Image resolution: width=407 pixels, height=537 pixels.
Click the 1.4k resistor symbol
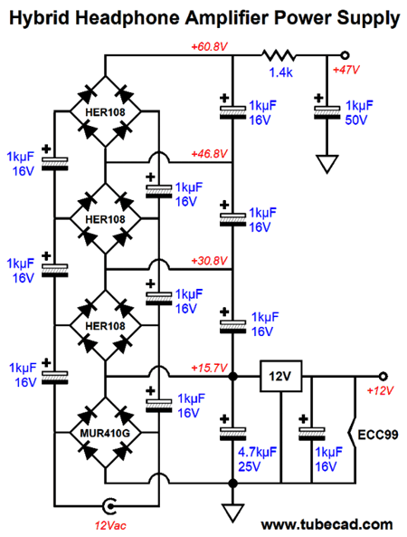pyautogui.click(x=279, y=55)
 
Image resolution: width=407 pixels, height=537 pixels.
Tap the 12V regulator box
pyautogui.click(x=280, y=376)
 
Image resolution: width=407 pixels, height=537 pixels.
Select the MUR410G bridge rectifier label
pyautogui.click(x=105, y=433)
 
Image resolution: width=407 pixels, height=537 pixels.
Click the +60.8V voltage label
pyautogui.click(x=209, y=46)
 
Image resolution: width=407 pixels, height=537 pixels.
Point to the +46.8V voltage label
pyautogui.click(x=209, y=154)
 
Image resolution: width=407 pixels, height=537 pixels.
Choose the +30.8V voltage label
pyautogui.click(x=209, y=261)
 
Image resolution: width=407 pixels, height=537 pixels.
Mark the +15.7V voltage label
pyautogui.click(x=209, y=369)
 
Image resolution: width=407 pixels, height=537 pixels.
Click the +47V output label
pyautogui.click(x=346, y=70)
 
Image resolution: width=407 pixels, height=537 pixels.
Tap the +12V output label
pyautogui.click(x=380, y=390)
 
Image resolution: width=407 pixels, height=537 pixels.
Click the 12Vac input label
pyautogui.click(x=110, y=525)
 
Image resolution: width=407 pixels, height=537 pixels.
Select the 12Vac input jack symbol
pyautogui.click(x=109, y=506)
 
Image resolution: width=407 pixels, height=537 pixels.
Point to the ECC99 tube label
pyautogui.click(x=378, y=435)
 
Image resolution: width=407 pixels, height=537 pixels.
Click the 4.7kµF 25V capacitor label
pyautogui.click(x=257, y=459)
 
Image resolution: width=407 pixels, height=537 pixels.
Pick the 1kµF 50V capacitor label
pyautogui.click(x=359, y=112)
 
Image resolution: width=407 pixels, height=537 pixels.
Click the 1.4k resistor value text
pyautogui.click(x=280, y=72)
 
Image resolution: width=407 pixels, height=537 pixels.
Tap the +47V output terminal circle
pyautogui.click(x=345, y=55)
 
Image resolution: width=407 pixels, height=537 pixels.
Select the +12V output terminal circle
pyautogui.click(x=383, y=377)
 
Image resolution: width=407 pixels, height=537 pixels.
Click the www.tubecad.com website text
pyautogui.click(x=327, y=524)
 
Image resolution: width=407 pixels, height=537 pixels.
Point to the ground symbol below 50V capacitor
pyautogui.click(x=327, y=164)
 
